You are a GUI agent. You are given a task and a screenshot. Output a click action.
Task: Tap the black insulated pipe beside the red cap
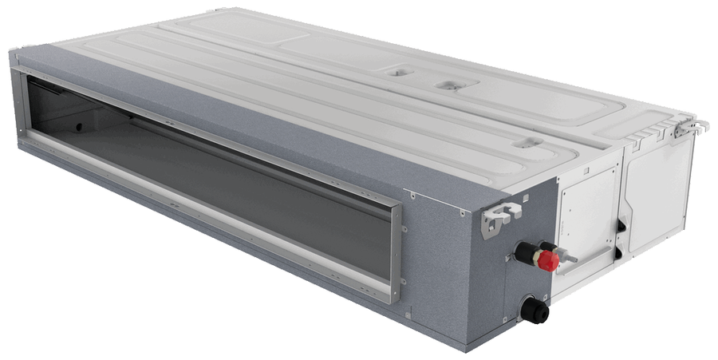pos(527,254)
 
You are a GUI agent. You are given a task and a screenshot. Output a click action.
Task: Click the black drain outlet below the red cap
pos(534,311)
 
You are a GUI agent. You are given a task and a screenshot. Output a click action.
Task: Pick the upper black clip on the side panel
pos(621,227)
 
